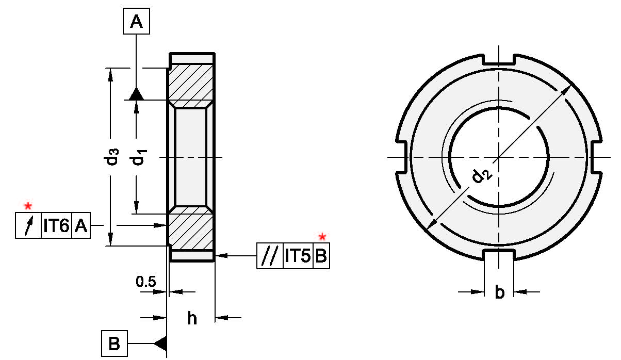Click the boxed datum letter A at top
coord(136,22)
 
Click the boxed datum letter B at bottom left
coord(115,343)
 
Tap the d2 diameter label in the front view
coord(481,176)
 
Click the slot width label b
coord(499,292)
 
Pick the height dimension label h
coord(191,318)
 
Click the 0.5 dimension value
coord(145,282)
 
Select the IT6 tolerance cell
coord(56,225)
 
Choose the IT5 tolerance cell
coord(298,256)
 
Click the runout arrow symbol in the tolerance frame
coord(29,225)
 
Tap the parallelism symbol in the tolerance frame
coord(270,256)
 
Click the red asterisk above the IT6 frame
coord(28,206)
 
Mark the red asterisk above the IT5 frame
coord(322,237)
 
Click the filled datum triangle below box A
coord(136,94)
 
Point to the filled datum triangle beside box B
coord(160,342)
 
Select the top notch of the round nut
coord(498,60)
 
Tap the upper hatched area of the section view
coord(191,83)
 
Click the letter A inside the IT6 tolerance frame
coord(80,225)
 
